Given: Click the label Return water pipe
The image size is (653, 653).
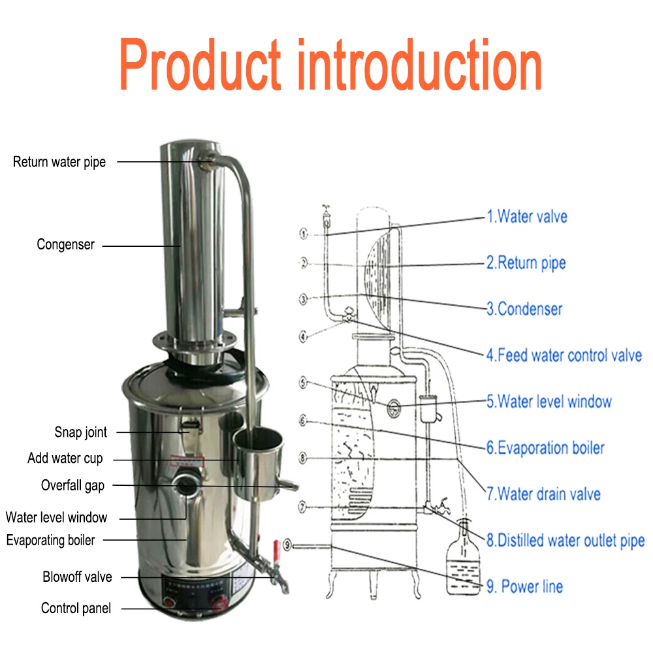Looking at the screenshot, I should point(59,162).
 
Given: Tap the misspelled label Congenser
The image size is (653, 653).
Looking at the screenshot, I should point(65,245).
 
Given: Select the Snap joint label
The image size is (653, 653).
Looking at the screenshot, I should point(80,432).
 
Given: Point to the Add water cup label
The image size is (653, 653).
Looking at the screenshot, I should point(65,458).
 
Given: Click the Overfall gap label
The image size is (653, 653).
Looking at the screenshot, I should point(72,485).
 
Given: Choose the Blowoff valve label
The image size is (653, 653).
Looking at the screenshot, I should point(77,577).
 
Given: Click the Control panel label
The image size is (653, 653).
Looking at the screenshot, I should point(76,609).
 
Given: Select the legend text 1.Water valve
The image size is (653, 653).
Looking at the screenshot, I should point(527,217).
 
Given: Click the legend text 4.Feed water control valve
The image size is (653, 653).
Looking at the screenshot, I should point(564,356).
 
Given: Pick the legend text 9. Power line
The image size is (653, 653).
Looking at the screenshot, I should point(524,586).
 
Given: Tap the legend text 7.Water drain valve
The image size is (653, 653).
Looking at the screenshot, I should point(543,494).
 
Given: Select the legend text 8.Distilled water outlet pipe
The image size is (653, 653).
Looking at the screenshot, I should point(565,541).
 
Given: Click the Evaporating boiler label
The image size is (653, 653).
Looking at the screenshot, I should point(51,540).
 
